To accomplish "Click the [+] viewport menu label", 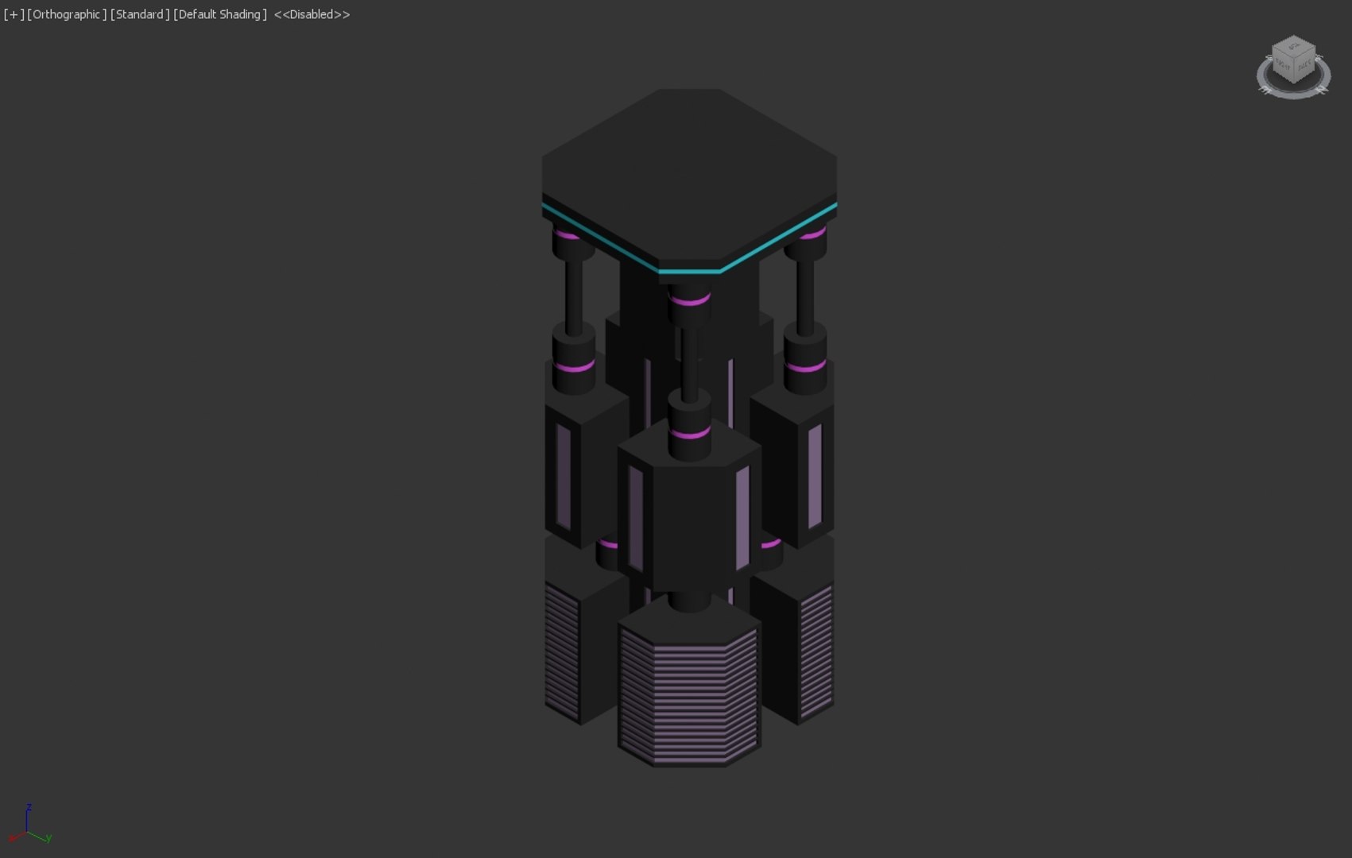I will coord(14,14).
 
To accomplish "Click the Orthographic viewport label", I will coord(67,14).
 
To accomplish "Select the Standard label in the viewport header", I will coord(140,14).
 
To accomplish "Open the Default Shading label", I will coord(220,14).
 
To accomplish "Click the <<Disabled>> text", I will coord(312,14).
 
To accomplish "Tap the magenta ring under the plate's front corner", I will coord(689,301).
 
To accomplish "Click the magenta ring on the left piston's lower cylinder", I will coord(574,367).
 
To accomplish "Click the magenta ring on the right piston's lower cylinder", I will coord(805,367).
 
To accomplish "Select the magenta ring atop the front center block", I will coord(689,435).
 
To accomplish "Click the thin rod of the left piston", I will coord(574,294).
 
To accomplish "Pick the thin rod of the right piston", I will coord(805,294).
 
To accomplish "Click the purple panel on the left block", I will coord(564,477).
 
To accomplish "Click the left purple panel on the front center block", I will coord(636,518).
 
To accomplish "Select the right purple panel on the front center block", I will coord(742,518).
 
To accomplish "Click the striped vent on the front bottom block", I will coord(688,699).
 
